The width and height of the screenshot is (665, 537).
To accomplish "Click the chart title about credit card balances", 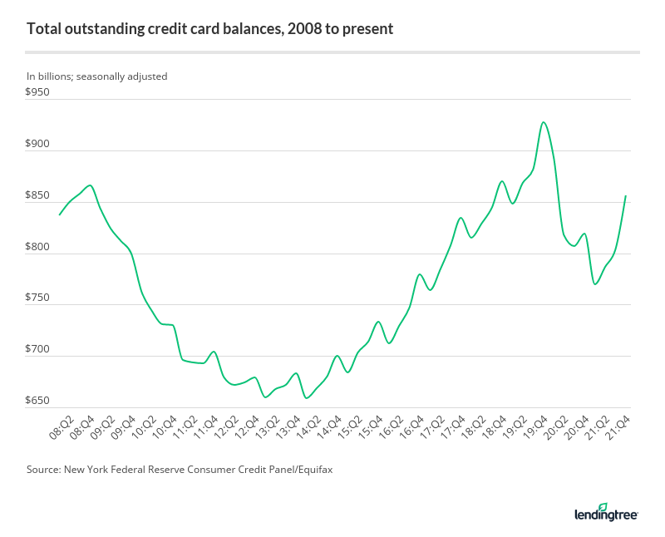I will [x=209, y=29].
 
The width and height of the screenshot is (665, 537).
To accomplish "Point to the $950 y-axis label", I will [x=38, y=92].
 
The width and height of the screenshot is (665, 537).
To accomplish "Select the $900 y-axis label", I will [x=38, y=144].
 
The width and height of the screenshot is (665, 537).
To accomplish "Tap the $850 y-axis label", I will [x=38, y=195].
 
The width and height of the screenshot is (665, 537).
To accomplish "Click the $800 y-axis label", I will [x=38, y=247].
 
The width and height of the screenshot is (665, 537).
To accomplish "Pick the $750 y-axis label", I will [x=38, y=298].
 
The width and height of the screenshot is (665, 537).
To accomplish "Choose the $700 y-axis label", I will [x=38, y=350].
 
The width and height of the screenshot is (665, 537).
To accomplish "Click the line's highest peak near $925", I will [x=543, y=122].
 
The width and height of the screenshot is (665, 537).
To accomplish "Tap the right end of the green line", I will [x=625, y=196].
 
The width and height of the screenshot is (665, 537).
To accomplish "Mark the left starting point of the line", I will [x=59, y=214].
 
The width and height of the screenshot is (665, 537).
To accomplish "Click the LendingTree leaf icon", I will [x=603, y=507].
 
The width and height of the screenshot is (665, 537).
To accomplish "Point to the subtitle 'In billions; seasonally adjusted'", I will [x=96, y=76].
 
